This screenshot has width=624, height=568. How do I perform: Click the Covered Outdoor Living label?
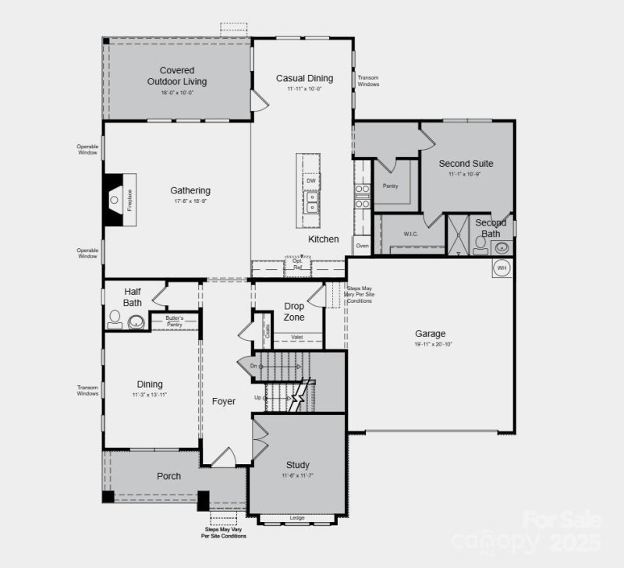click(171, 76)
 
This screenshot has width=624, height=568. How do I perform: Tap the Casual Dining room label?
click(304, 78)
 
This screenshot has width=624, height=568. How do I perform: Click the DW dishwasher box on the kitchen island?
click(310, 181)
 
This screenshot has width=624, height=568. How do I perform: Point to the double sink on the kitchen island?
click(311, 202)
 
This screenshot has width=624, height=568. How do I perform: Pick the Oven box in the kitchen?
click(362, 246)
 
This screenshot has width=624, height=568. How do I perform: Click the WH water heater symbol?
click(502, 268)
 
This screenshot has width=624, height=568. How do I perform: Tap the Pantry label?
click(390, 186)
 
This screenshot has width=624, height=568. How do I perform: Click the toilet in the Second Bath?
click(480, 246)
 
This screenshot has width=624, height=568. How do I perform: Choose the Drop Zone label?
click(294, 311)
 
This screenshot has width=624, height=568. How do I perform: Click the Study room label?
click(297, 465)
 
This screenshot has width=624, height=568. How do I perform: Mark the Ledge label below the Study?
click(296, 517)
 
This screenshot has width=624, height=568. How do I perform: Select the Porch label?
click(168, 476)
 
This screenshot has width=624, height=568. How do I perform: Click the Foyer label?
click(224, 402)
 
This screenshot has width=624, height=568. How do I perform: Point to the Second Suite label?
click(466, 164)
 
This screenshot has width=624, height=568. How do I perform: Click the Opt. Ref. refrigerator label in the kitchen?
click(297, 264)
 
